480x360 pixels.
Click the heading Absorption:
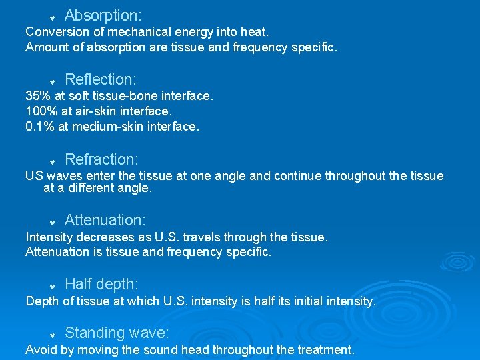pos(103,15)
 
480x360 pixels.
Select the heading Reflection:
pos(101,79)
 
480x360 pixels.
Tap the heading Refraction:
pos(101,159)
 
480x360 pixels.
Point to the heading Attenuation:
pos(105,220)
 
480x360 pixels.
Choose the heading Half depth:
pos(101,285)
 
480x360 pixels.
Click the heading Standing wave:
pos(117,333)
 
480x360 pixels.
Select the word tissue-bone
pos(136,96)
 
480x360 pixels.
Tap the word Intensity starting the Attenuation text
pos(49,237)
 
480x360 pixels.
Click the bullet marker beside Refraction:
pos(52,162)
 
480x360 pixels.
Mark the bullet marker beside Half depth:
pos(52,287)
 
